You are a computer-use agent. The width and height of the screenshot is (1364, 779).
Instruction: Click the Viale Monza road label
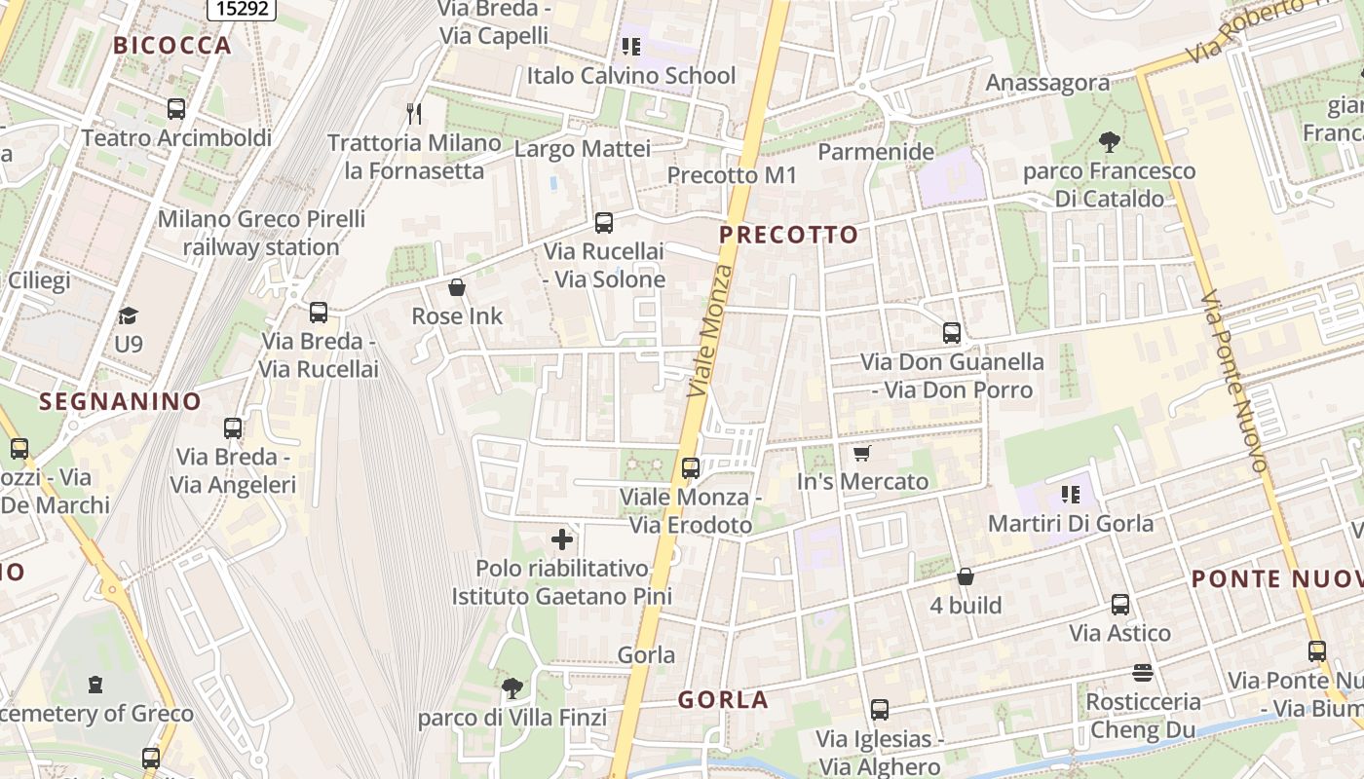click(710, 329)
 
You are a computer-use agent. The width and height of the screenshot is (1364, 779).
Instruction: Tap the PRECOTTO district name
click(789, 235)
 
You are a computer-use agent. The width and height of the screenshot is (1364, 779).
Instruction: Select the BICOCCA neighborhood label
click(172, 46)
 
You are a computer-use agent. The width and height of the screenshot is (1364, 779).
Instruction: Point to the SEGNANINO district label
click(120, 401)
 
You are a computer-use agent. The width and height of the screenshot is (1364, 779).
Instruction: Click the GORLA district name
click(723, 700)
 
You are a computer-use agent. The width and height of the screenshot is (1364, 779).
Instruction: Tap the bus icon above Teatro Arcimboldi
click(176, 109)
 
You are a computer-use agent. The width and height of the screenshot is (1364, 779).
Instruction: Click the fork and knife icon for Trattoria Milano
click(414, 114)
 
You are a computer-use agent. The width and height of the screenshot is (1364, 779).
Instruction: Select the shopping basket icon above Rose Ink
click(457, 287)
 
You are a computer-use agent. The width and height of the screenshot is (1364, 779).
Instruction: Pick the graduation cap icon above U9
click(129, 315)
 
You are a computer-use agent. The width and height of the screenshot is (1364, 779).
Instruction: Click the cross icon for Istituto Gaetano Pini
click(562, 538)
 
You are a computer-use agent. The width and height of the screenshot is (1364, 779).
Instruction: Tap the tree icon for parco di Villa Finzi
click(512, 689)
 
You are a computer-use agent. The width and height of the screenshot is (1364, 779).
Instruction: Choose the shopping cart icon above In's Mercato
click(862, 453)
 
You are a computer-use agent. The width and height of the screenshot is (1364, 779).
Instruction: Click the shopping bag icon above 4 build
click(966, 576)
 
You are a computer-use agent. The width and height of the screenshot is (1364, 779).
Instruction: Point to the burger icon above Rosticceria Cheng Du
click(1143, 673)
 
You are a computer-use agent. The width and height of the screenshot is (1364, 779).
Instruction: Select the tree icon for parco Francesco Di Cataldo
click(1109, 142)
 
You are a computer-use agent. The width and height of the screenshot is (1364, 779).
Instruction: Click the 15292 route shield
click(243, 9)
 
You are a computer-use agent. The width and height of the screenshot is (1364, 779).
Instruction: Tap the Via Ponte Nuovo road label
click(1233, 382)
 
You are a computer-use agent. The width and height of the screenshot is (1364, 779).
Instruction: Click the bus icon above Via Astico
click(1120, 605)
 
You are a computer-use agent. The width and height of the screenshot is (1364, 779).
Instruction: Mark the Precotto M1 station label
click(732, 175)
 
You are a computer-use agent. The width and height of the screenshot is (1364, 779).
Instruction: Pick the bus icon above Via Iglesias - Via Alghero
click(880, 710)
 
